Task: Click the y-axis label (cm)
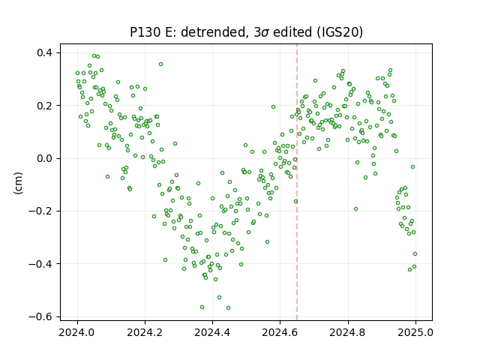point(18,183)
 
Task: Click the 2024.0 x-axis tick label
point(77,332)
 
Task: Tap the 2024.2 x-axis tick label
point(145,332)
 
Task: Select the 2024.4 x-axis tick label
point(212,332)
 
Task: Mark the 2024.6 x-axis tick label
point(280,332)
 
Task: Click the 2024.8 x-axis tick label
point(347,332)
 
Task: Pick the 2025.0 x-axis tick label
point(415,332)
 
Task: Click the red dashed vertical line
point(297,182)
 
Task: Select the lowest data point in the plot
point(228,307)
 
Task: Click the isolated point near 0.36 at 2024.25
point(160,64)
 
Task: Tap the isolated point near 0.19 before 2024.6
point(273,106)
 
